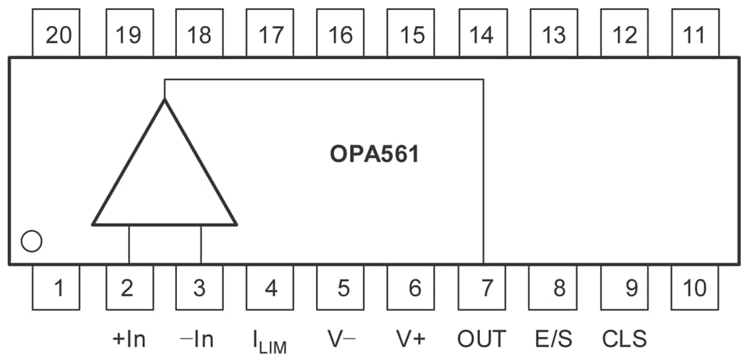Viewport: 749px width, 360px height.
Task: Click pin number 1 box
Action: click(57, 288)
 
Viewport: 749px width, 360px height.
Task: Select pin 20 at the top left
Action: click(57, 34)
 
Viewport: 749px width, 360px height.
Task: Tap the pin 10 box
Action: click(695, 288)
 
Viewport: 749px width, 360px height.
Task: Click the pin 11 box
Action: click(695, 34)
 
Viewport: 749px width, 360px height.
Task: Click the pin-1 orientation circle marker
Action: click(31, 241)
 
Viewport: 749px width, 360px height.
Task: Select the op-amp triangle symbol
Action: click(164, 177)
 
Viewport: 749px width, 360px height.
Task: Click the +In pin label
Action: click(129, 338)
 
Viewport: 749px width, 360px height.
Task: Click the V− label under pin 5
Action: click(341, 338)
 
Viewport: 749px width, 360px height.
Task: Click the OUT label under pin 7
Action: click(483, 338)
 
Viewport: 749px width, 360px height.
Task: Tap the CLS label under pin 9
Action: click(624, 338)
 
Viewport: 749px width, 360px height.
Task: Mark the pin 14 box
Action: click(483, 34)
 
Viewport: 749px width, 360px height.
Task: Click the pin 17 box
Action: click(270, 34)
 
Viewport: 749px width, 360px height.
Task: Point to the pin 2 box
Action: click(129, 288)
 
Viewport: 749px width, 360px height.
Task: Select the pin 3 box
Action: click(200, 288)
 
